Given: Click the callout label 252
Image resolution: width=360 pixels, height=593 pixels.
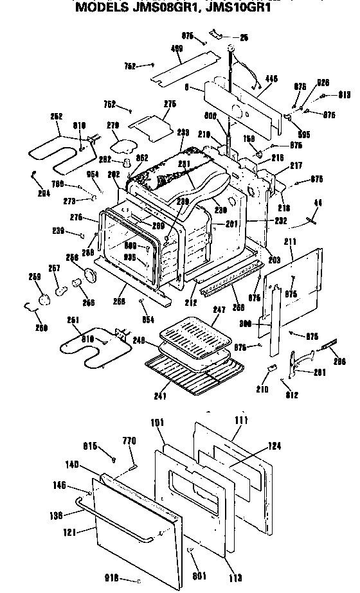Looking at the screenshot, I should coord(57,116).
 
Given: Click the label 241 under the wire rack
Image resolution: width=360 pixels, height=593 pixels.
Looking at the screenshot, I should coord(160,395).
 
